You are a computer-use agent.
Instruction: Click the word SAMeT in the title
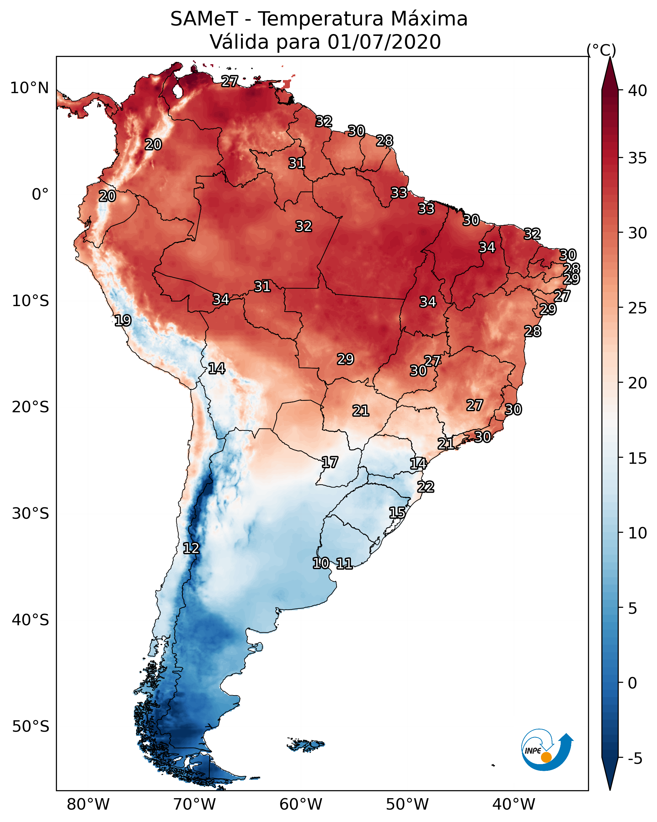204,19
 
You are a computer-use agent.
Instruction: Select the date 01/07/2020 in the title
384,42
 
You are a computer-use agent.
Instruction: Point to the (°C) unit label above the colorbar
601,50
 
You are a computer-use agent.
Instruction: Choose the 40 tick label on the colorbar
638,91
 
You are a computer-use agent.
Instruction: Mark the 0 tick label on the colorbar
632,683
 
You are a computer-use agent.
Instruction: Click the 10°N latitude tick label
29,88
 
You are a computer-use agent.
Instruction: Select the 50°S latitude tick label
31,726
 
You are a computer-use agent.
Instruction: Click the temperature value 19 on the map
123,321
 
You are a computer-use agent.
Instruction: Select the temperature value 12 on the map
191,548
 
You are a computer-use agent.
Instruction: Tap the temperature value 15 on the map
397,513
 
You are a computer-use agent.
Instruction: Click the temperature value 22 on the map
426,487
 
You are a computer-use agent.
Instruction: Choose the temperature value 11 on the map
344,564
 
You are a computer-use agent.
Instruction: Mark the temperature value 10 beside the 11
321,563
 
